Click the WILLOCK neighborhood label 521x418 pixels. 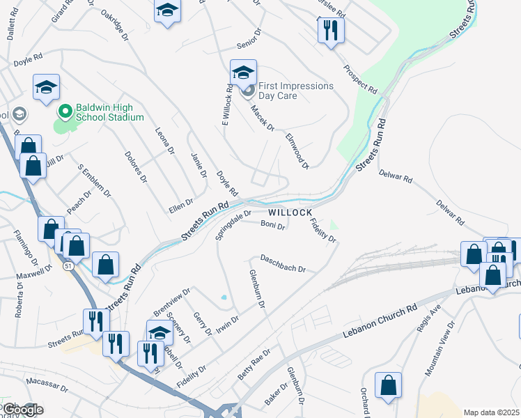pyautogui.click(x=290, y=211)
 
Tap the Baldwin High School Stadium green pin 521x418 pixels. pyautogui.click(x=65, y=111)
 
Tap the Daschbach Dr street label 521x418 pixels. pyautogui.click(x=283, y=263)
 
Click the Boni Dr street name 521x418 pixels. pyautogui.click(x=272, y=225)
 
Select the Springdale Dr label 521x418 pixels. pyautogui.click(x=233, y=226)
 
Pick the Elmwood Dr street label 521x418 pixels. pyautogui.click(x=297, y=148)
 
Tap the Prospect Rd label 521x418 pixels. pyautogui.click(x=359, y=81)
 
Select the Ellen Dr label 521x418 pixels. pyautogui.click(x=180, y=202)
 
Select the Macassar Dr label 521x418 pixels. pyautogui.click(x=45, y=382)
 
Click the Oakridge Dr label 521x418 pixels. pyautogui.click(x=115, y=24)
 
